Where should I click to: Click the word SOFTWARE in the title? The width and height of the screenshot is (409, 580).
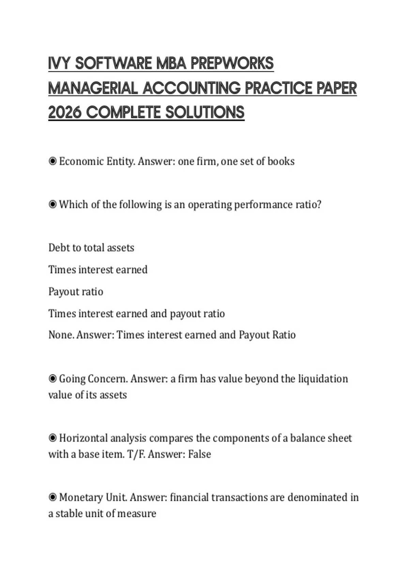pyautogui.click(x=114, y=63)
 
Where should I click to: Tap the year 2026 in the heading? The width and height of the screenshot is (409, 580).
pyautogui.click(x=65, y=113)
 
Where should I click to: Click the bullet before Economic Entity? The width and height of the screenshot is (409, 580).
pyautogui.click(x=52, y=161)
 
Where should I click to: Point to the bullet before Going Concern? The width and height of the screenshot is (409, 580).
pyautogui.click(x=52, y=379)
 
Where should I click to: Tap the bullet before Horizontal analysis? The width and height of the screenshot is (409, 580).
pyautogui.click(x=52, y=438)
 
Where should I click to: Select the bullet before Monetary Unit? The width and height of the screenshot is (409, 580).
pyautogui.click(x=52, y=497)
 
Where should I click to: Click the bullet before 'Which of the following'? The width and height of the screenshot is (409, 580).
pyautogui.click(x=52, y=205)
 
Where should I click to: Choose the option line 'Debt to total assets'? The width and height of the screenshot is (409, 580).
pyautogui.click(x=91, y=248)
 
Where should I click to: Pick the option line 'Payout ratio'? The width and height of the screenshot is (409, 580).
pyautogui.click(x=76, y=292)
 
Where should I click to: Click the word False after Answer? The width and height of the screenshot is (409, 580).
pyautogui.click(x=199, y=454)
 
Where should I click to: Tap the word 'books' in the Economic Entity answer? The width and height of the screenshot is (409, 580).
pyautogui.click(x=281, y=161)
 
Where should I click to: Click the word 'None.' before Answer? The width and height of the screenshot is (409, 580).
pyautogui.click(x=61, y=335)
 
